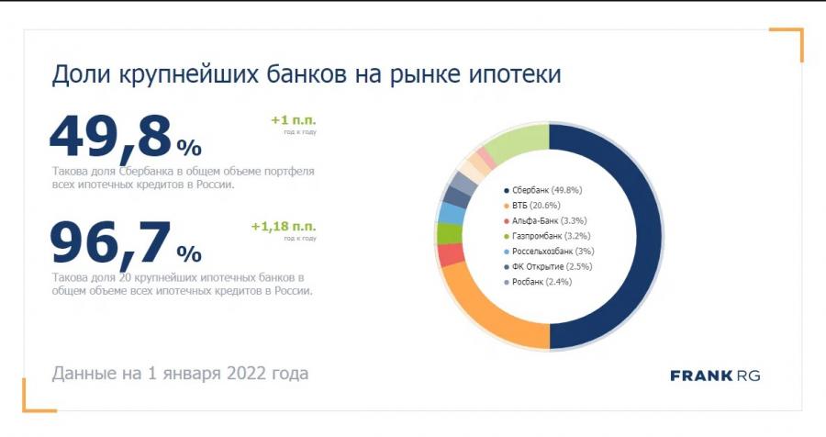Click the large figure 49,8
coord(110,138)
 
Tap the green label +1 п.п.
coord(293,120)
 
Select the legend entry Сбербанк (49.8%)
coord(546,190)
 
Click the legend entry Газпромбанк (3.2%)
coord(550,236)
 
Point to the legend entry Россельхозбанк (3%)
coord(553,252)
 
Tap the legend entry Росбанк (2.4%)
coord(541,282)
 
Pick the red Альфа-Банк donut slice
coord(450,255)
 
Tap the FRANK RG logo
coord(715,375)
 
